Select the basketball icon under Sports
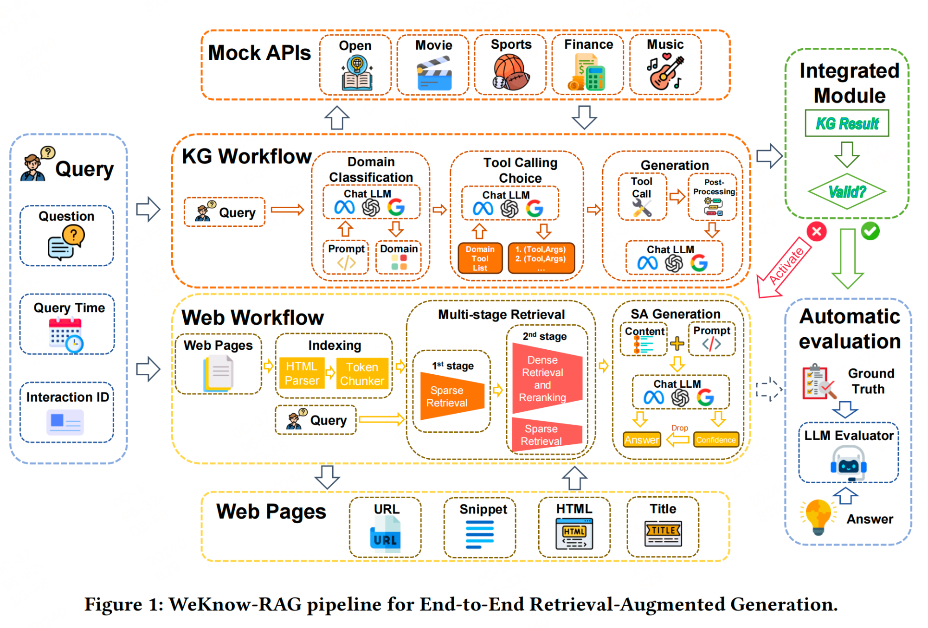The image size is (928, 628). pyautogui.click(x=510, y=72)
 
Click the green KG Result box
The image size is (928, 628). pyautogui.click(x=847, y=123)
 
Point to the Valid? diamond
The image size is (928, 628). pyautogui.click(x=847, y=191)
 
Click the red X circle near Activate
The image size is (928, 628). pyautogui.click(x=817, y=231)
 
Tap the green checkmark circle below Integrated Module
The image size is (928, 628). pyautogui.click(x=870, y=231)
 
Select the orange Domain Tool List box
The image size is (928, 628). pyautogui.click(x=480, y=258)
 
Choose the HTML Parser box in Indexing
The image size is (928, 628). pyautogui.click(x=302, y=373)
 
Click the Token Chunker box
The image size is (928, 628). pyautogui.click(x=362, y=373)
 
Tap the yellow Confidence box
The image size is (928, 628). pyautogui.click(x=715, y=440)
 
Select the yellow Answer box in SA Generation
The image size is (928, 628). pyautogui.click(x=642, y=440)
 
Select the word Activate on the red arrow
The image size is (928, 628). pyautogui.click(x=786, y=266)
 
